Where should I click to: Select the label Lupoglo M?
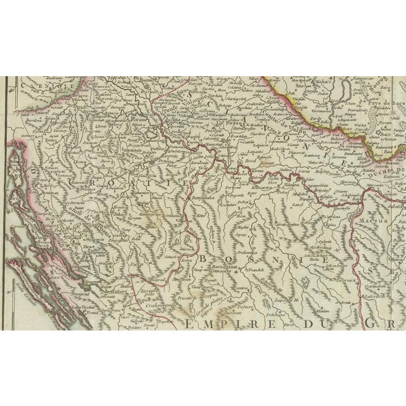click(x=284, y=297)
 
